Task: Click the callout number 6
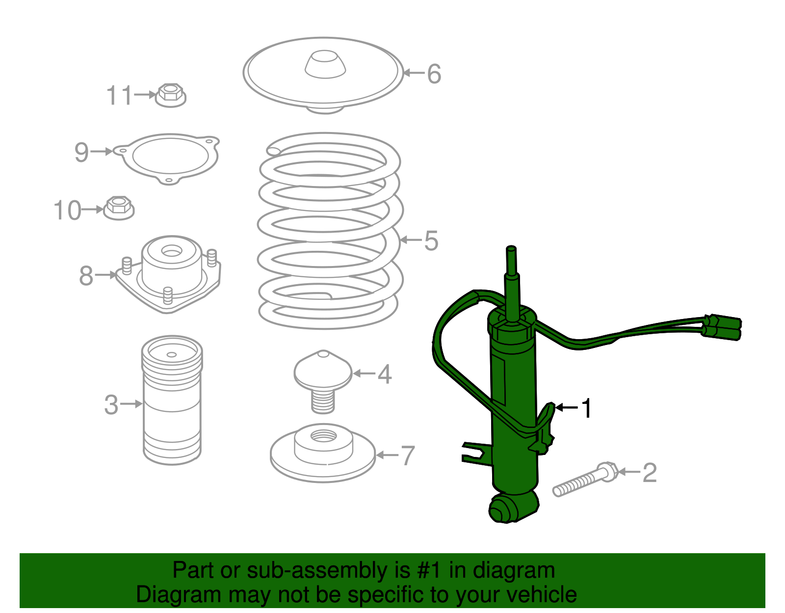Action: pyautogui.click(x=434, y=74)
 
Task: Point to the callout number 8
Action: pyautogui.click(x=86, y=276)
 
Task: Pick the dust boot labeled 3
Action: pyautogui.click(x=172, y=400)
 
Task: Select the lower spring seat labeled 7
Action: pyautogui.click(x=323, y=454)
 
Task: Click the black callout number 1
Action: pyautogui.click(x=587, y=408)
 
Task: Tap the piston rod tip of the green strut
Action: pyautogui.click(x=511, y=251)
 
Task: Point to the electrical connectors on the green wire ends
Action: pyautogui.click(x=724, y=327)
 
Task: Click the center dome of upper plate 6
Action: pyautogui.click(x=325, y=64)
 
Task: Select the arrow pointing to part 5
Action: pyautogui.click(x=410, y=240)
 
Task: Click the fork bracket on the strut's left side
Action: pyautogui.click(x=475, y=452)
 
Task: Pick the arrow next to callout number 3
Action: pyautogui.click(x=131, y=404)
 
